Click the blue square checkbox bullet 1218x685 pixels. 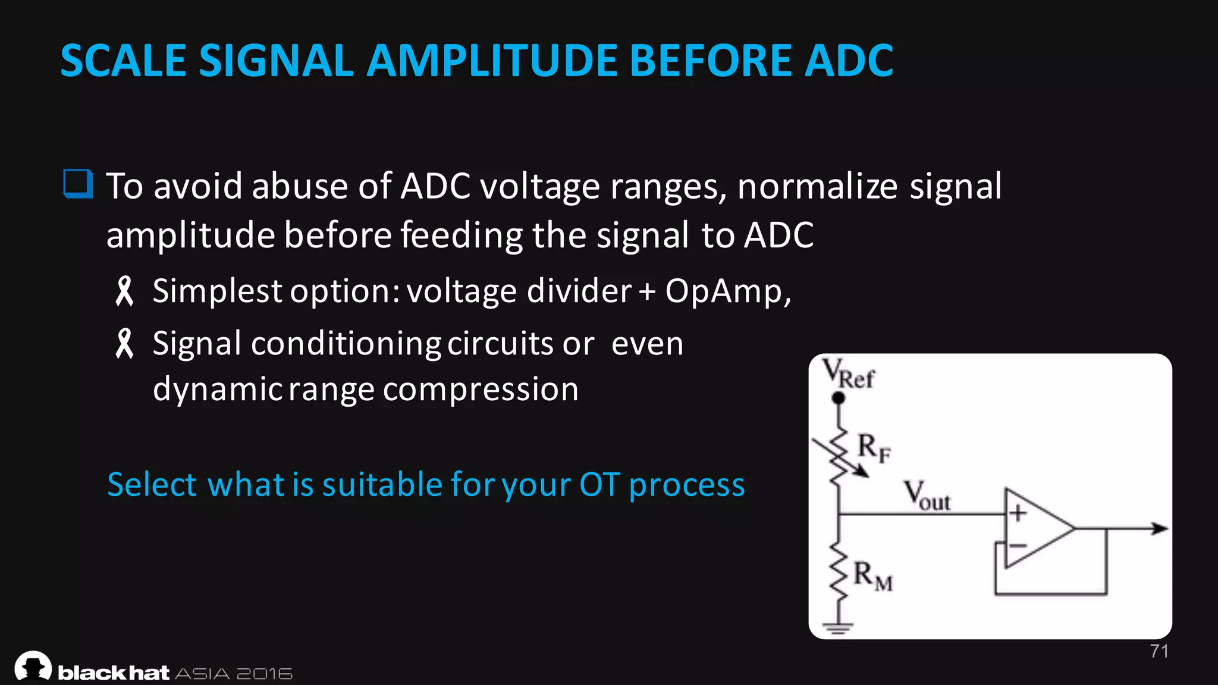pos(78,184)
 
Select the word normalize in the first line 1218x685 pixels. pos(818,186)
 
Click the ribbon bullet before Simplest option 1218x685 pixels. pos(124,291)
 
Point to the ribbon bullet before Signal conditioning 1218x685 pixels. pos(124,344)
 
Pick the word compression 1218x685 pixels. pos(481,389)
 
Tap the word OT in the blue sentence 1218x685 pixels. pos(599,484)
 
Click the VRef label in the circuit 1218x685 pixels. pos(848,375)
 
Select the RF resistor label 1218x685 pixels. pos(874,447)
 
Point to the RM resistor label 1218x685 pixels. pos(872,576)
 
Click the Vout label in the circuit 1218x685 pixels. pos(927,496)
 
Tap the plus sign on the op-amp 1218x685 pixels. pos(1018,513)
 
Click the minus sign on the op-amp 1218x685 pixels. pos(1018,545)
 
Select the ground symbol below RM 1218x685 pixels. pos(839,627)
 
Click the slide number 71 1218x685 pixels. pos(1159,651)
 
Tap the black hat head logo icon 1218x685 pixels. pos(33,666)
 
